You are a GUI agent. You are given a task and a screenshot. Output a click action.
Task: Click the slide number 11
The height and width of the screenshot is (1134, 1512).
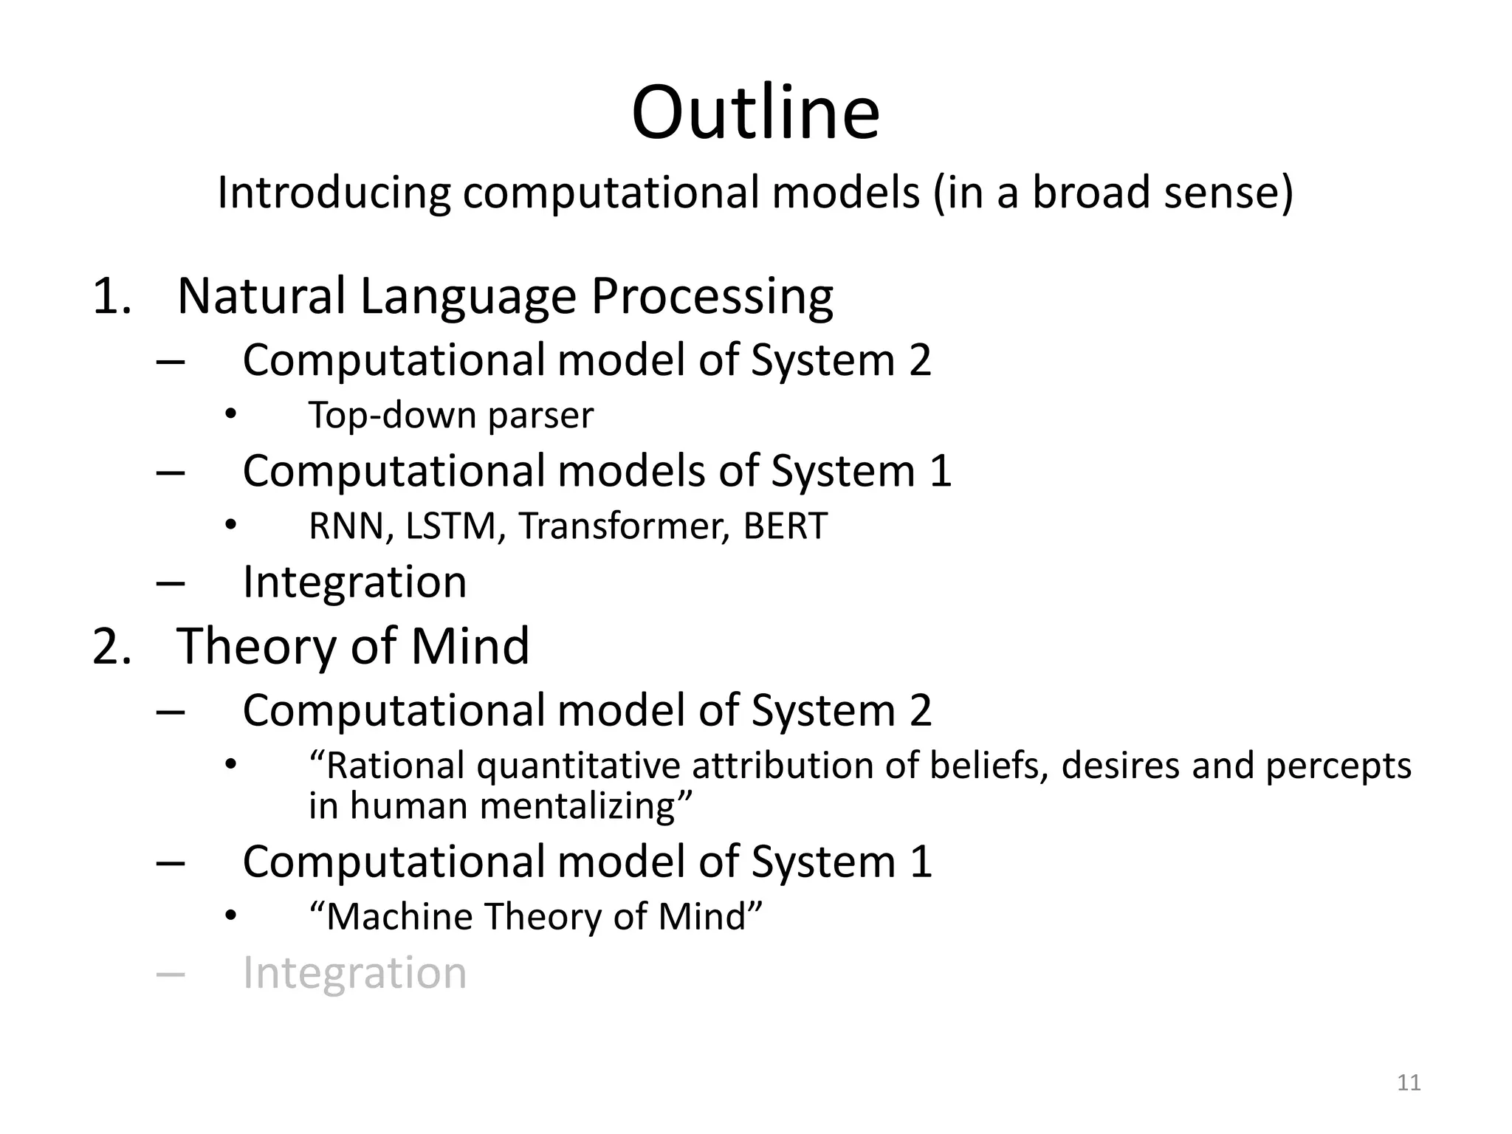point(1409,1082)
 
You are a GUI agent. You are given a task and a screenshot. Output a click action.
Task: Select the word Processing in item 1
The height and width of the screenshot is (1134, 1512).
point(712,297)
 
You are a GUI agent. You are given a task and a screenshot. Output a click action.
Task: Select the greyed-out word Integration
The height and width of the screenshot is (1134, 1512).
point(354,972)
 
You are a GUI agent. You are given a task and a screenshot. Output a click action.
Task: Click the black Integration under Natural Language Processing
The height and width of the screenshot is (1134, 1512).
point(354,582)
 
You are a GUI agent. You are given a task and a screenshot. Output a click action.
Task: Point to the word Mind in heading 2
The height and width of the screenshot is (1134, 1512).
point(470,646)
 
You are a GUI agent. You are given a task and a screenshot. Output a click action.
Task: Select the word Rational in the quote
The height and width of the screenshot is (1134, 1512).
point(397,766)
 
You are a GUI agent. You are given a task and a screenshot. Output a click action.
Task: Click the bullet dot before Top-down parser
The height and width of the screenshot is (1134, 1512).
point(231,414)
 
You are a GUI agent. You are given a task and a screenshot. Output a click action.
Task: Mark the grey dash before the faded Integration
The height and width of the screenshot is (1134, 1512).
point(171,974)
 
